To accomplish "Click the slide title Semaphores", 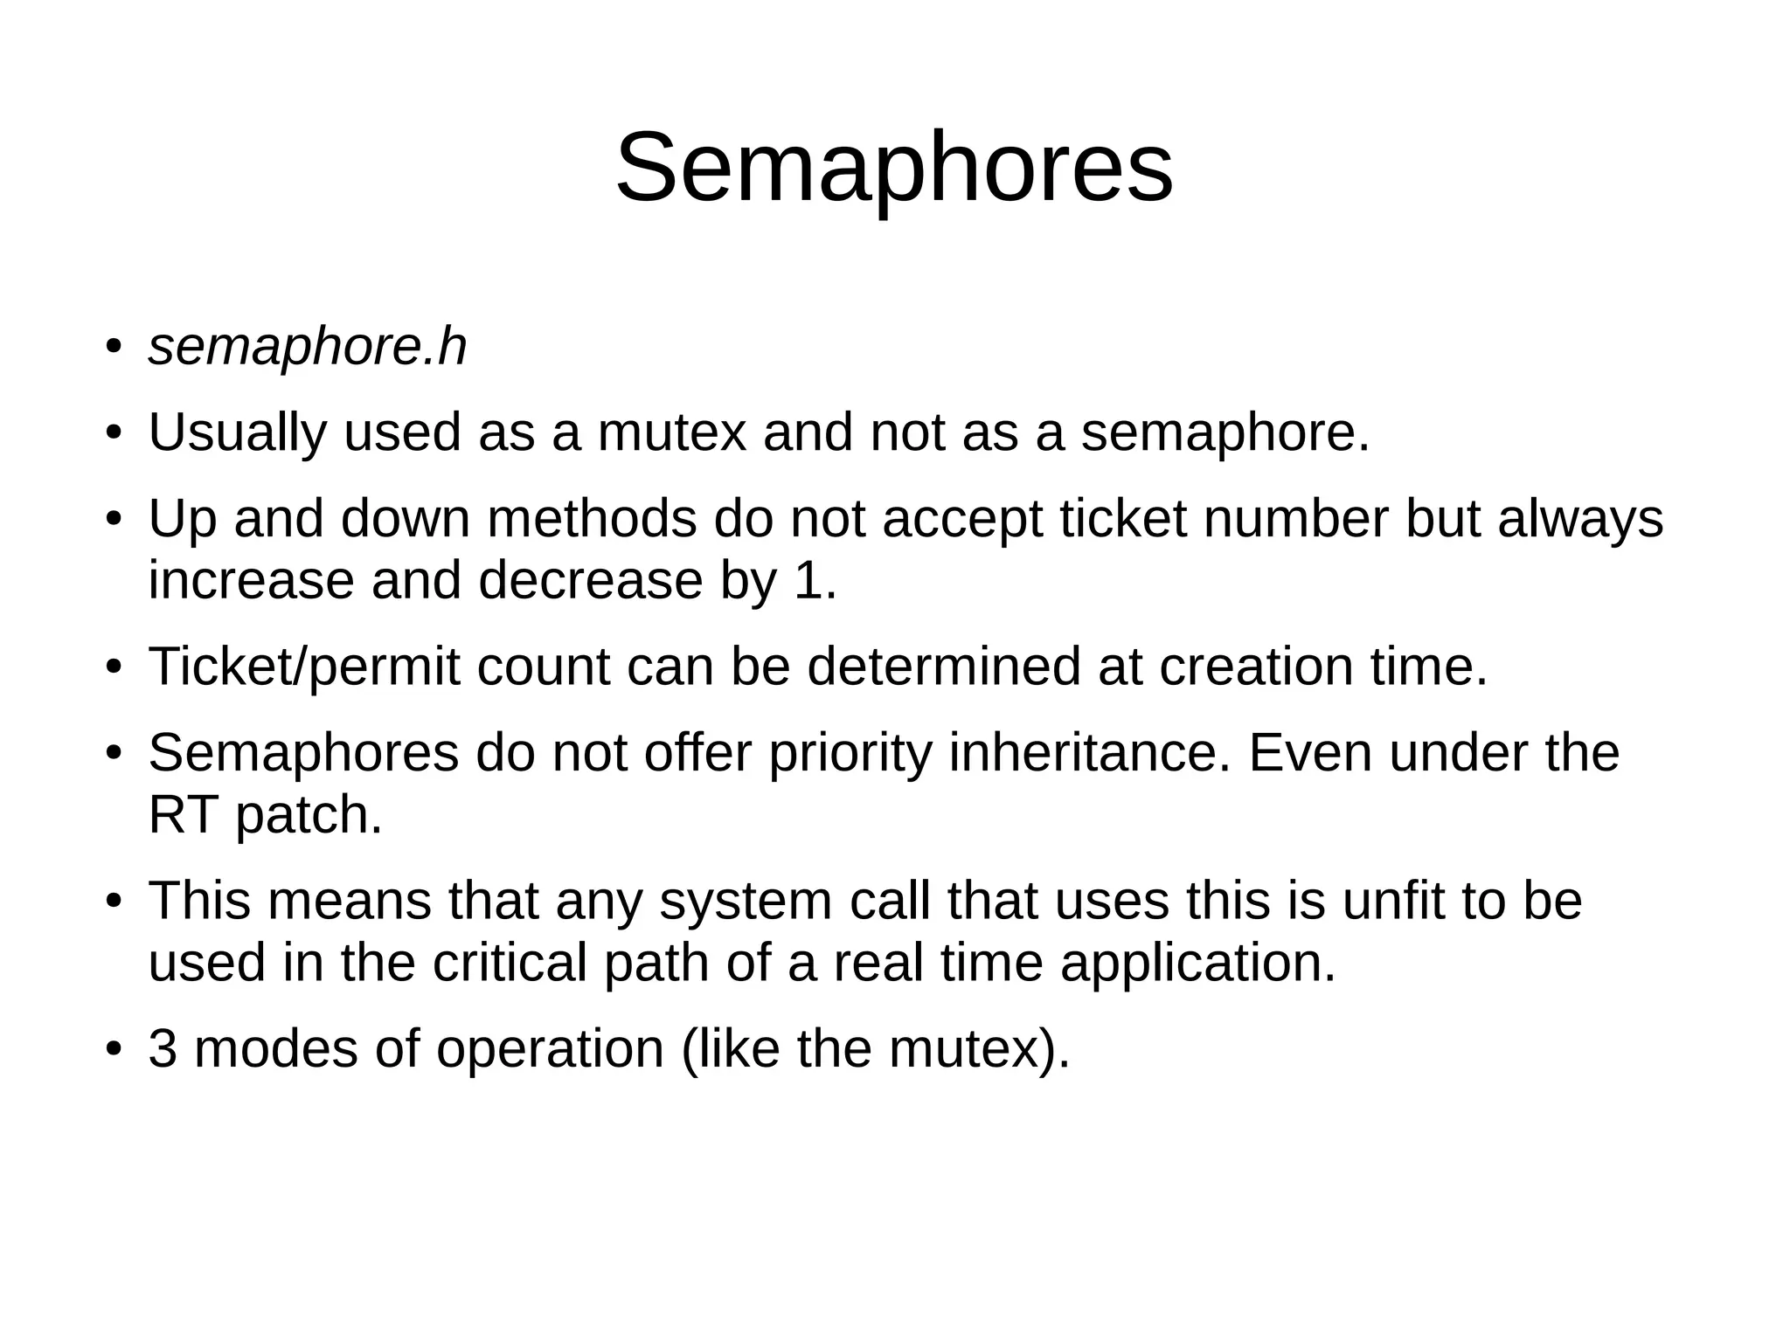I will [x=894, y=167].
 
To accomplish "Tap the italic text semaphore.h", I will [x=307, y=347].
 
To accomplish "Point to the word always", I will [x=1580, y=518].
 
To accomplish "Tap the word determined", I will [x=944, y=667].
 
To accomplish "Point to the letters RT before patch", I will [x=183, y=814].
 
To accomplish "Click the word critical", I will [x=509, y=962].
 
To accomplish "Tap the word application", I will [x=1197, y=964].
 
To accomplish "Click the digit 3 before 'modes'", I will [x=163, y=1048].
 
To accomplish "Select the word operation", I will [x=550, y=1049].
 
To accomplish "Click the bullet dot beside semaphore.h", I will [x=113, y=348].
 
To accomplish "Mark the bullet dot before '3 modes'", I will [x=113, y=1049].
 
